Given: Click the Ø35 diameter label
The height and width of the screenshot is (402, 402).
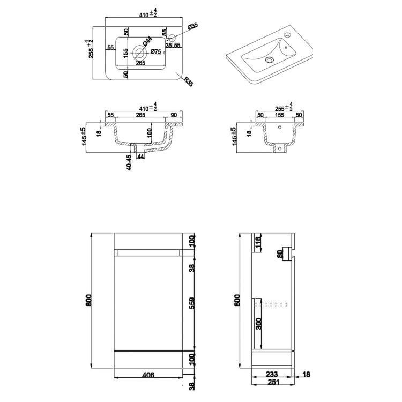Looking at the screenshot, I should (193, 26).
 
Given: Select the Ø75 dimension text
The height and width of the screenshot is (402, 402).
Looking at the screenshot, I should (155, 51).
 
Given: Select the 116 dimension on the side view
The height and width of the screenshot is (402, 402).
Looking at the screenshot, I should (257, 243).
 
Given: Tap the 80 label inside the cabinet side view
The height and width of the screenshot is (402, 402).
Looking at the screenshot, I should (279, 254).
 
